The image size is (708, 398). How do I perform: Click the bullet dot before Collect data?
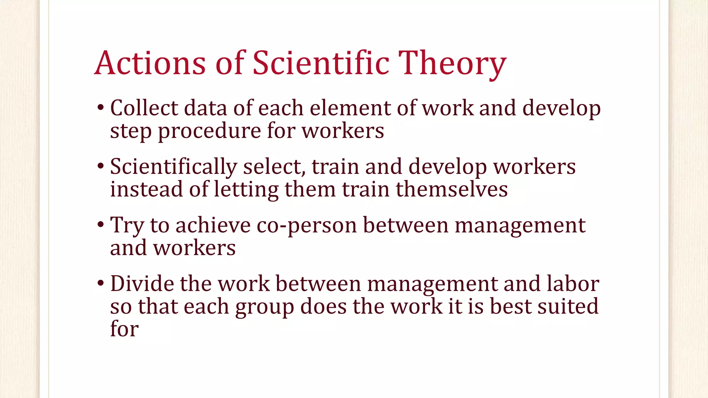[x=101, y=108]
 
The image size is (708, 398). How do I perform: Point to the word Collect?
[x=144, y=108]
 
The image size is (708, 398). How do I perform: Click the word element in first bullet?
[x=350, y=108]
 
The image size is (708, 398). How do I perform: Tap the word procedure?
[x=209, y=131]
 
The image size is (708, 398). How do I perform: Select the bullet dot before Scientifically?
[x=101, y=167]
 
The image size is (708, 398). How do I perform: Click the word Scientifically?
[x=173, y=167]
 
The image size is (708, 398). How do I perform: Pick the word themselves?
[x=451, y=189]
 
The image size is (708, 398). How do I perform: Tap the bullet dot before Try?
[x=101, y=225]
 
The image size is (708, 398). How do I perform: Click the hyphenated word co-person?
[x=306, y=226]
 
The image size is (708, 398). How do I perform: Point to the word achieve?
[x=213, y=225]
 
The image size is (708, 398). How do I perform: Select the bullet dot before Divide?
[x=101, y=284]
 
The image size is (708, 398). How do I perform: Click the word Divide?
[x=142, y=284]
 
